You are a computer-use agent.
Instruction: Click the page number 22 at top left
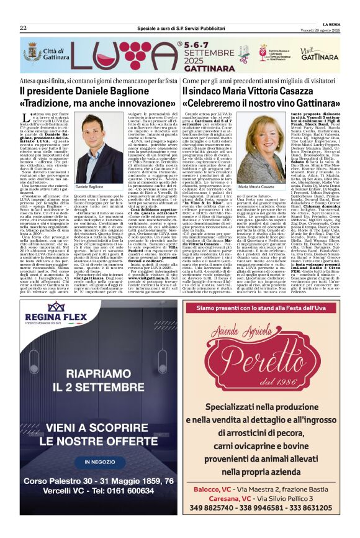click(x=23, y=29)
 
